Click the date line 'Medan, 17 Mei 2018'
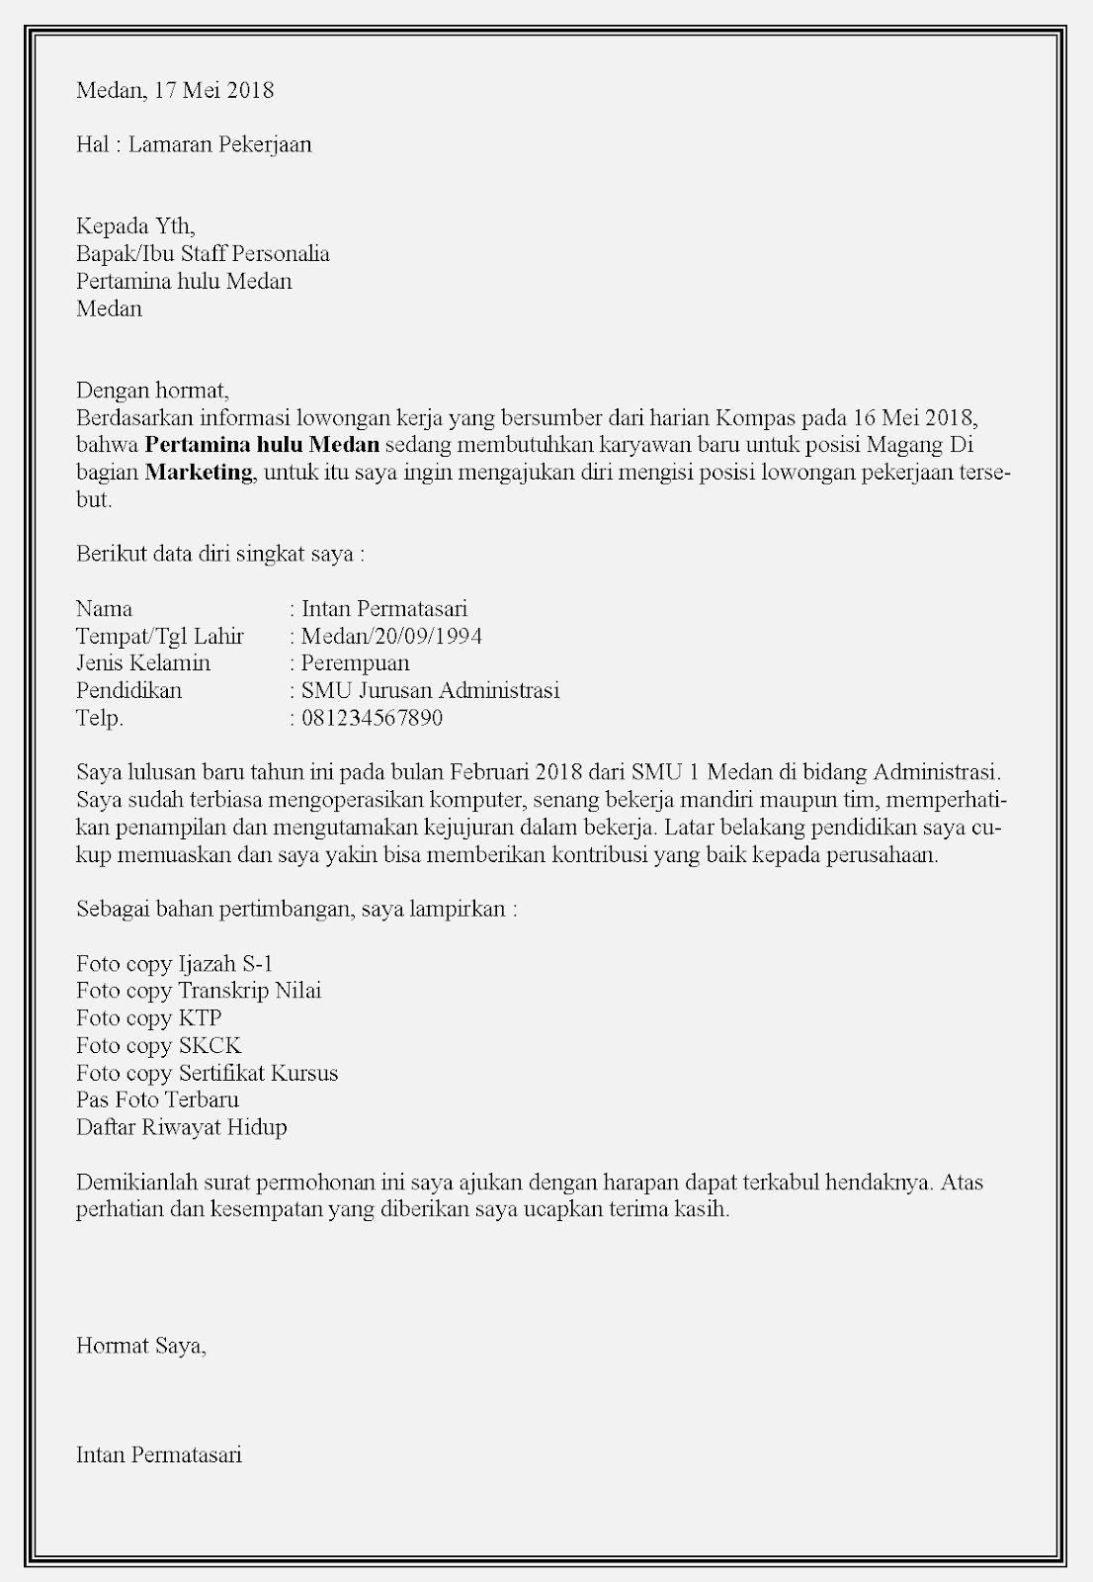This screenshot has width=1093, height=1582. (175, 91)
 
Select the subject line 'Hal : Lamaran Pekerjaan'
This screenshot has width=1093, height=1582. (194, 145)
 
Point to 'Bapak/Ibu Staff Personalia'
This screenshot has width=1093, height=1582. (203, 254)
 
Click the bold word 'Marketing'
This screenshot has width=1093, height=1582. (200, 472)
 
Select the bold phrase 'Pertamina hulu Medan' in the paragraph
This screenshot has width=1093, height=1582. (262, 444)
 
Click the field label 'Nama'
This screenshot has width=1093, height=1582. (104, 609)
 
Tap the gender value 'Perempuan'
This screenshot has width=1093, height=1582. (355, 663)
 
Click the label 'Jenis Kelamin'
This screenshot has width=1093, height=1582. (143, 663)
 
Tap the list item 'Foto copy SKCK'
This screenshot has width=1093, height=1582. (158, 1046)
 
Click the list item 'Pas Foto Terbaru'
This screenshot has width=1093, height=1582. (157, 1099)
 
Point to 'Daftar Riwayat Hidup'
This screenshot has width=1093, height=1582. (181, 1127)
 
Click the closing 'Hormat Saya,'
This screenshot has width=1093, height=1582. (141, 1346)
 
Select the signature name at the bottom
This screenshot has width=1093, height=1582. (158, 1454)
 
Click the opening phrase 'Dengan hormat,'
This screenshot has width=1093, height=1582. (152, 391)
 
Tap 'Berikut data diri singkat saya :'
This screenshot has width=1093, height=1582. (220, 554)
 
